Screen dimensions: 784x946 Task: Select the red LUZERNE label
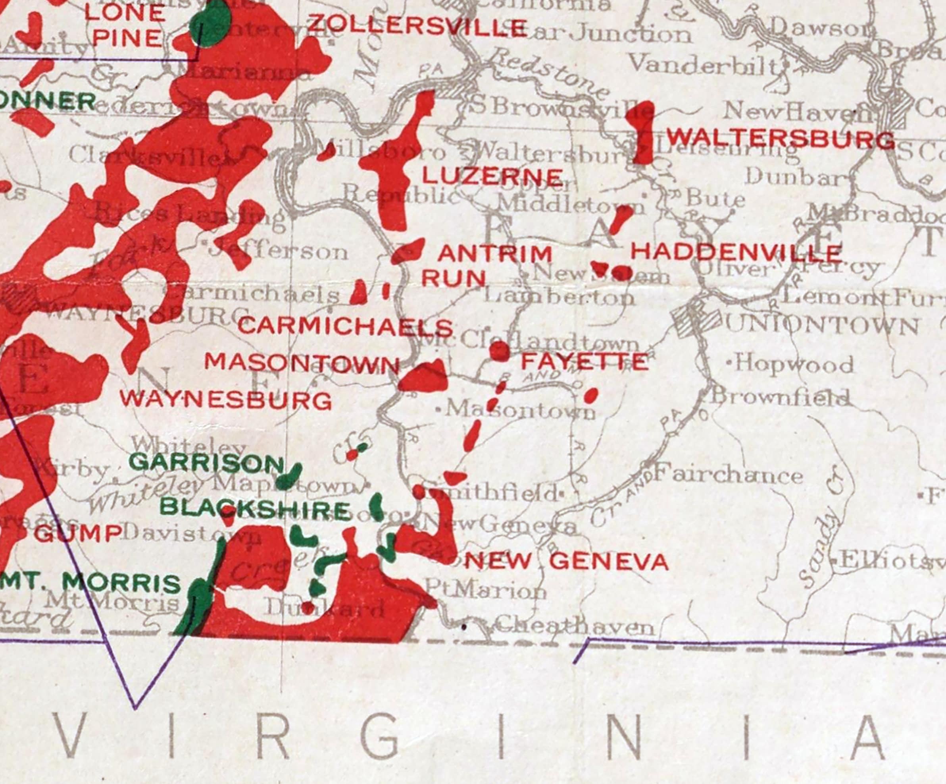tap(492, 176)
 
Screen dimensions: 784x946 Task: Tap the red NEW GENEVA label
tap(566, 562)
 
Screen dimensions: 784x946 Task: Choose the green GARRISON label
tap(206, 463)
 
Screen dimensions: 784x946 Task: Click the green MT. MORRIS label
tap(90, 583)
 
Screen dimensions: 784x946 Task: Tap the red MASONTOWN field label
tap(302, 363)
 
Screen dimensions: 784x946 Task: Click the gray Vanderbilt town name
tap(704, 64)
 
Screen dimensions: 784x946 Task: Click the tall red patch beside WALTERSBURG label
tap(642, 131)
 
